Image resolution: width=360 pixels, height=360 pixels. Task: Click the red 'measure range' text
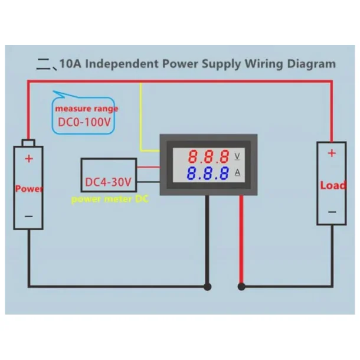click(87, 109)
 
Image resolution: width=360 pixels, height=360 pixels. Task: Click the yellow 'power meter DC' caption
click(110, 199)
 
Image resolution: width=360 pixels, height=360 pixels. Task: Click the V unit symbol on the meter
click(238, 156)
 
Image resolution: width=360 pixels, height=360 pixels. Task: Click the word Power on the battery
click(29, 189)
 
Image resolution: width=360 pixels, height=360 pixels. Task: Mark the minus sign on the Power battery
click(29, 217)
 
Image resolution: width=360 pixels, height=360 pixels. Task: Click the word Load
click(332, 185)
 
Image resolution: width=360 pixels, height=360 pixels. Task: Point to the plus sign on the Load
click(332, 153)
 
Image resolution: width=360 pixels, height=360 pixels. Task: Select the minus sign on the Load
click(332, 211)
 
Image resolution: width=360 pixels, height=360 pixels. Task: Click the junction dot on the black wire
click(207, 287)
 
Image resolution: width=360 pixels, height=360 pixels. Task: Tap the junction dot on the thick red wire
click(241, 287)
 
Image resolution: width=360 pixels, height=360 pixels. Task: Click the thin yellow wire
click(141, 118)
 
